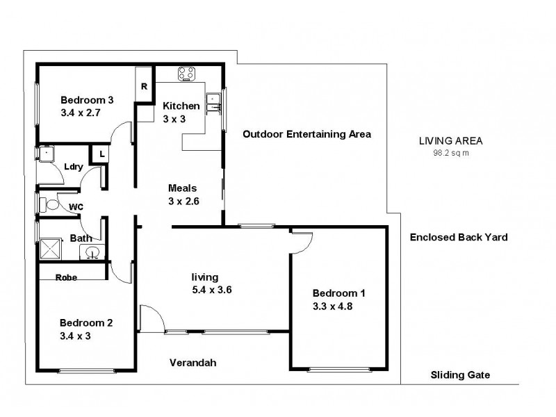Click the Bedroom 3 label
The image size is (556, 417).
click(x=87, y=99)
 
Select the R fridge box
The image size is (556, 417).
click(x=144, y=86)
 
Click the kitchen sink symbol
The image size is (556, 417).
click(x=215, y=101)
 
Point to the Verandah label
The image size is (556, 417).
click(x=194, y=363)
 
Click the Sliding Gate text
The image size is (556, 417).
click(x=460, y=375)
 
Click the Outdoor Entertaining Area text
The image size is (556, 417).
click(x=306, y=134)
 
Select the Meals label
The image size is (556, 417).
click(x=183, y=188)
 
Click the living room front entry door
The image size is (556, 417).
click(x=152, y=318)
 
